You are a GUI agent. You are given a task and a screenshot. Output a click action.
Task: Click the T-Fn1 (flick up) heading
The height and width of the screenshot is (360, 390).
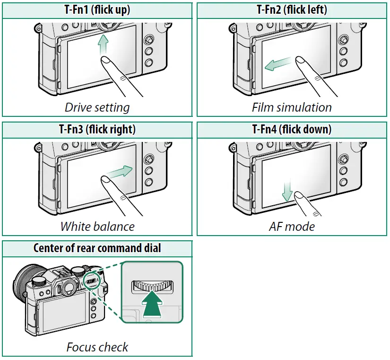[97, 10]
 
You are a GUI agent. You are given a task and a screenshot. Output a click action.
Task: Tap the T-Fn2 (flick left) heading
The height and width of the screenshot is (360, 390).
[292, 10]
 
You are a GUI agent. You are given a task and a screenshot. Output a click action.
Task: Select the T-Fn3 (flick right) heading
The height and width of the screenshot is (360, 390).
[97, 129]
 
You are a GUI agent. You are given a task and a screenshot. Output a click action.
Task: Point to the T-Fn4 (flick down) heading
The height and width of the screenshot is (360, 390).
[292, 129]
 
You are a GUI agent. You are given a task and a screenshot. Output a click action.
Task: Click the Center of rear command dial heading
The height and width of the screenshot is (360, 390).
[97, 248]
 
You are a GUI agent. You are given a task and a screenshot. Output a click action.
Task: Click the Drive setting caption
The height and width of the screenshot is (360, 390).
[97, 107]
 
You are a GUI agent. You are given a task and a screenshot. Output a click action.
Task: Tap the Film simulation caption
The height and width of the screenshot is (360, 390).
[292, 107]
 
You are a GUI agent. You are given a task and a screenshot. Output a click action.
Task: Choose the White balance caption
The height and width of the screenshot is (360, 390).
[97, 227]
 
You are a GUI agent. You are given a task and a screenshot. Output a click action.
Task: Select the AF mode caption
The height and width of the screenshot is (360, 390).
[292, 227]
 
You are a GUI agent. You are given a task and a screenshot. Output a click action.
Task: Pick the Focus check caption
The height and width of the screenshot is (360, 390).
[97, 347]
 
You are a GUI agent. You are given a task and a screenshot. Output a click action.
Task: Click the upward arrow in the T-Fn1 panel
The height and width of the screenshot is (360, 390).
[103, 45]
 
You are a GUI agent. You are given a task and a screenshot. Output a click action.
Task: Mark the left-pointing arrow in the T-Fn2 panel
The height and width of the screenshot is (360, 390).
[277, 64]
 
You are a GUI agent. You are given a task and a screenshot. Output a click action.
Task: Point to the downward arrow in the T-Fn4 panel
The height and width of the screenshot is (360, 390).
[287, 191]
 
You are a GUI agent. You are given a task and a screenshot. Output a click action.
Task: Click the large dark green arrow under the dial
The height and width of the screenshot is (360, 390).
[152, 305]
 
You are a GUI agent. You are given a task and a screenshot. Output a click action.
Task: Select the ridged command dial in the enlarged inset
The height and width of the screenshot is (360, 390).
[153, 286]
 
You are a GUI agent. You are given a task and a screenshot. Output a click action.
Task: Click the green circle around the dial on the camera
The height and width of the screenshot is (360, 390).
[92, 281]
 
